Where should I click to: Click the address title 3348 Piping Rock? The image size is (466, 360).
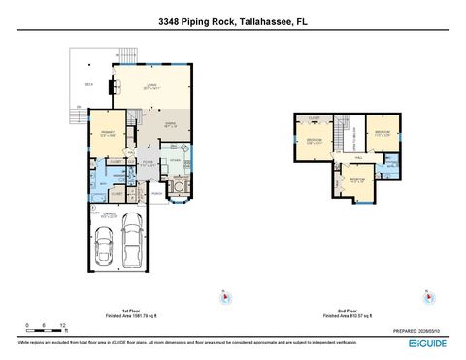coord(232,17)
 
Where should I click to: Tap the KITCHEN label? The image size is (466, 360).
coord(175,160)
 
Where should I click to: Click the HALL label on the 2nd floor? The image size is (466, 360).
coord(358,156)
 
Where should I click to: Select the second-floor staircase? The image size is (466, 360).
coord(342,125)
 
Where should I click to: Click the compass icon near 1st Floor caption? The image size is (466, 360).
coord(224,297)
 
